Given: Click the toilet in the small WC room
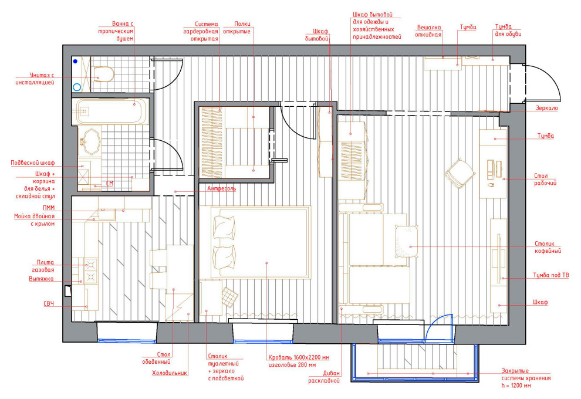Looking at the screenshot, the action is [x=103, y=74].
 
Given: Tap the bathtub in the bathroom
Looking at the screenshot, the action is [x=111, y=111].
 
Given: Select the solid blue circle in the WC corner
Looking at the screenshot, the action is [x=75, y=62].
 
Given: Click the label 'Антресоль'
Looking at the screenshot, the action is [x=221, y=188].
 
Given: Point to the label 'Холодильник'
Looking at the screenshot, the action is [x=170, y=373].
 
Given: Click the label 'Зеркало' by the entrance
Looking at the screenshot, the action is [x=546, y=108].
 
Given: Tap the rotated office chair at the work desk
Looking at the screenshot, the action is [x=460, y=174].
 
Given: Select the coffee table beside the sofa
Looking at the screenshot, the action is [x=407, y=241].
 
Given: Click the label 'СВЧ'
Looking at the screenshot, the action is [x=49, y=304].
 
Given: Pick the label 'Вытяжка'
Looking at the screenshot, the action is [x=41, y=279].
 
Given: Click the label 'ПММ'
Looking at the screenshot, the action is [x=49, y=208].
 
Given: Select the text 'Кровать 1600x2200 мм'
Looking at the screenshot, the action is [x=299, y=357].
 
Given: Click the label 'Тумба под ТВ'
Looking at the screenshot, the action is [x=550, y=275].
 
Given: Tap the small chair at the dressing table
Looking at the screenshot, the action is [x=230, y=297].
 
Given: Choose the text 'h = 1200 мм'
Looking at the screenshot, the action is [x=516, y=386].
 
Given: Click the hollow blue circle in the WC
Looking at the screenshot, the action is [x=77, y=87].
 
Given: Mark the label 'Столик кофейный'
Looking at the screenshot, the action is [x=548, y=247].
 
